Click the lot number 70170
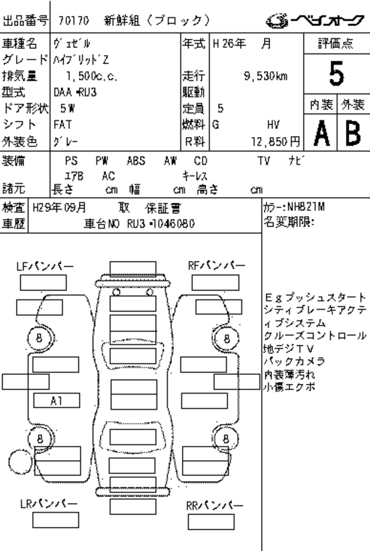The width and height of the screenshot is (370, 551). tap(73, 21)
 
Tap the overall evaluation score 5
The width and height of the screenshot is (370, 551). tap(336, 73)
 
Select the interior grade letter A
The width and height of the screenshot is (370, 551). tap(321, 133)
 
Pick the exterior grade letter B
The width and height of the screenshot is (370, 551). tap(353, 133)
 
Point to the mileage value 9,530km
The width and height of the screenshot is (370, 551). tap(266, 75)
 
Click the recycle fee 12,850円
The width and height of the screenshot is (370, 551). tap(276, 141)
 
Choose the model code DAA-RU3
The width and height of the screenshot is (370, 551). tap(75, 92)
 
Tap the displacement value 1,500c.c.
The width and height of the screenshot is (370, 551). tap(92, 76)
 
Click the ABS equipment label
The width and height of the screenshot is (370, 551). tap(136, 161)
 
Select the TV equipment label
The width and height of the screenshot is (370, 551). tap(263, 161)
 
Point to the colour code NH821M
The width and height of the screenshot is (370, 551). tap(306, 207)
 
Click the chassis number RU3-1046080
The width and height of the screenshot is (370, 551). tap(161, 223)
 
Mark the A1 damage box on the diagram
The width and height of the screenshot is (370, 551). tap(57, 401)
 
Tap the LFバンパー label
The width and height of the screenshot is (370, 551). tap(45, 266)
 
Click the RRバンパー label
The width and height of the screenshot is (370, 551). tap(215, 505)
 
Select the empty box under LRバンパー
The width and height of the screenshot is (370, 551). tap(56, 520)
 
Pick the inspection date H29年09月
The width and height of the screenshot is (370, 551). tap(59, 207)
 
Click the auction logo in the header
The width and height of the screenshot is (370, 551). tap(315, 21)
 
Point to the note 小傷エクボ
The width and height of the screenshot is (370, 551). tap(289, 387)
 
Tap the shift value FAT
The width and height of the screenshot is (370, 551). tap(62, 125)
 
